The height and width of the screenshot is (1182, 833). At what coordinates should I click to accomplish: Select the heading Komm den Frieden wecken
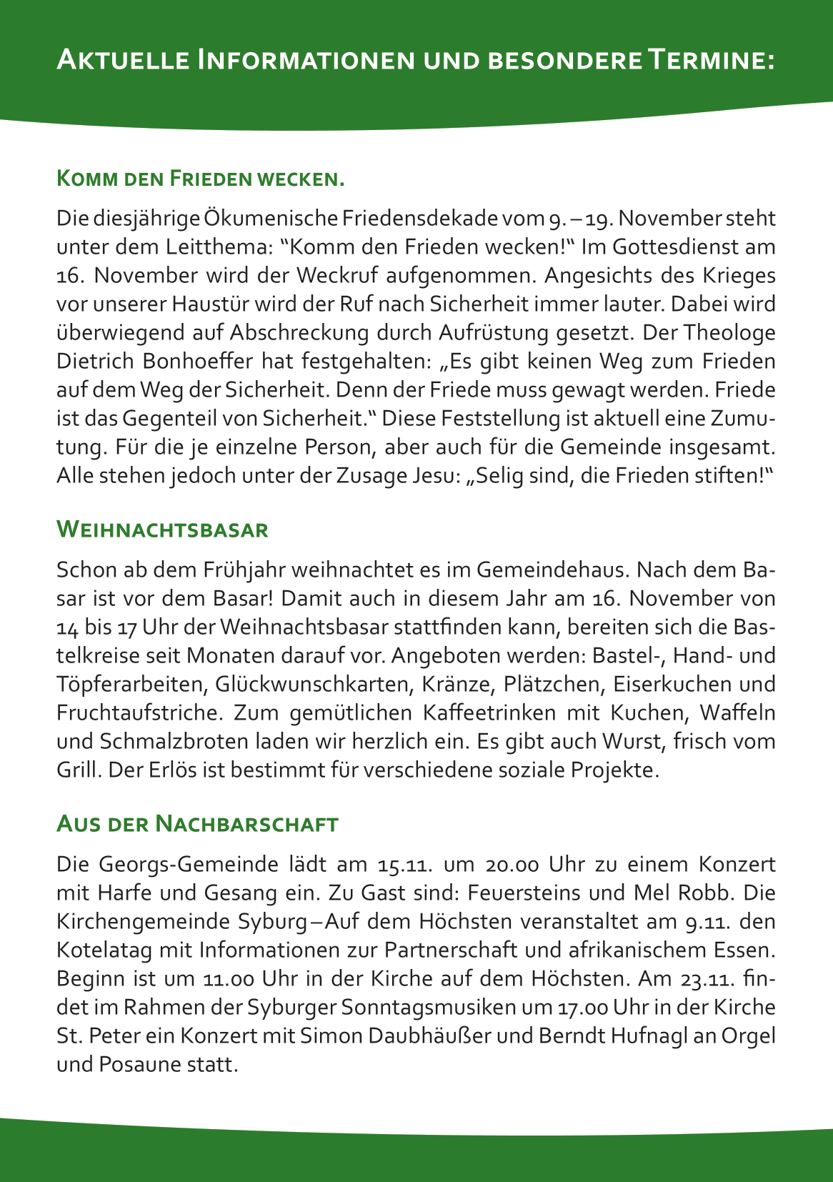point(200,178)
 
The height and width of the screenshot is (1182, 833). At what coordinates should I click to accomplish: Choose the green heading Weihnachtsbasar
point(162,530)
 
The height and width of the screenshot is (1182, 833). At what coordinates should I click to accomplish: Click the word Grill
point(76,770)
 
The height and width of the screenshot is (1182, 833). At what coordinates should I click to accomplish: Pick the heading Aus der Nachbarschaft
point(197,823)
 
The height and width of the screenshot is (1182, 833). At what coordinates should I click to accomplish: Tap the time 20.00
point(512,864)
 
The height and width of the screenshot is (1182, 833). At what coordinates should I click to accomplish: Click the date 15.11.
point(404,864)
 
